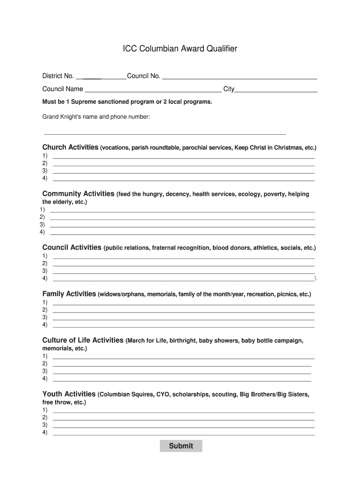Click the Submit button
[x=181, y=446]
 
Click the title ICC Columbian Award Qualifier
[x=180, y=49]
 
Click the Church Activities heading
[x=70, y=147]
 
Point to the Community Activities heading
[x=78, y=194]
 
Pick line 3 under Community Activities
[x=182, y=226]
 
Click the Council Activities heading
[x=72, y=247]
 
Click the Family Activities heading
[x=69, y=294]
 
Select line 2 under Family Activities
[x=183, y=311]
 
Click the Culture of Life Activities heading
[x=83, y=340]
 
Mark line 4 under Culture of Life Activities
[x=182, y=380]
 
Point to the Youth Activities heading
[x=69, y=394]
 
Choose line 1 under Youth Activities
[x=183, y=411]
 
